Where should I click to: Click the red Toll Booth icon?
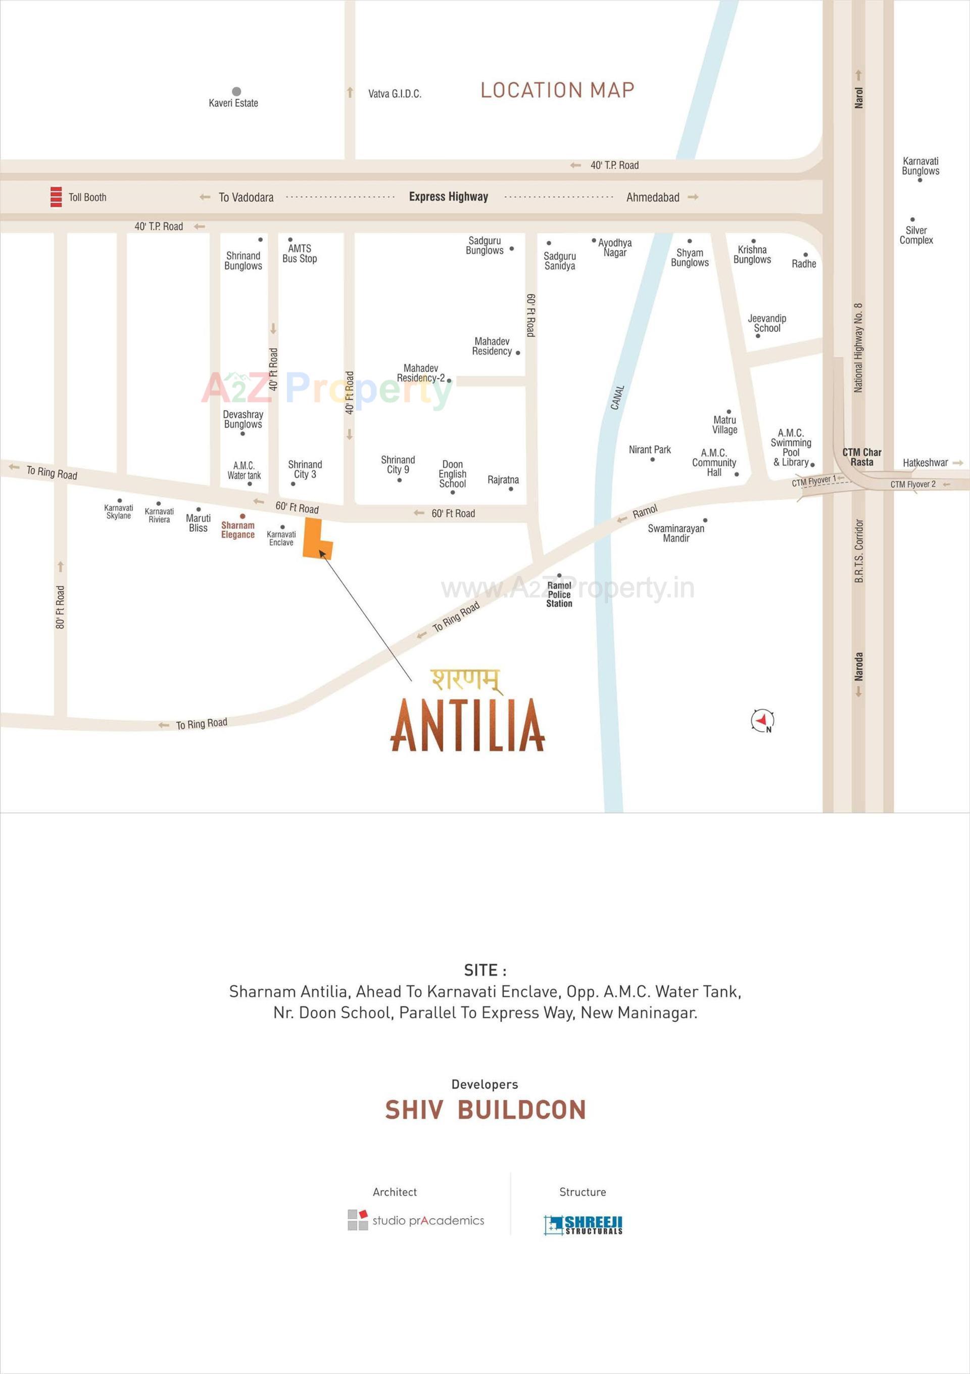point(56,197)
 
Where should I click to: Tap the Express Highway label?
point(448,197)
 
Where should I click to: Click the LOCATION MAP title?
point(557,91)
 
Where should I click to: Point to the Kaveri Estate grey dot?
point(236,92)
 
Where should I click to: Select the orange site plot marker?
point(316,539)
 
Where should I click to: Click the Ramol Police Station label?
point(559,594)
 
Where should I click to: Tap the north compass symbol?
point(762,721)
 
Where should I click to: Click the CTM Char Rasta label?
point(862,457)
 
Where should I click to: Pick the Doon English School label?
point(452,474)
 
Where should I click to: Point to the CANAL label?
point(617,398)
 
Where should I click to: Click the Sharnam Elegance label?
point(238,530)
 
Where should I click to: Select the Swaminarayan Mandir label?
point(676,533)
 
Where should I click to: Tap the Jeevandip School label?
point(767,323)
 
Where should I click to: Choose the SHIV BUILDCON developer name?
point(485,1110)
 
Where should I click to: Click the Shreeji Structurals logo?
point(583,1225)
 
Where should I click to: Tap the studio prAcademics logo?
point(416,1220)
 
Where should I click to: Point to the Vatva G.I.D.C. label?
point(395,94)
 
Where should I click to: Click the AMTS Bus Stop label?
point(300,253)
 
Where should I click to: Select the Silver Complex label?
point(915,235)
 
